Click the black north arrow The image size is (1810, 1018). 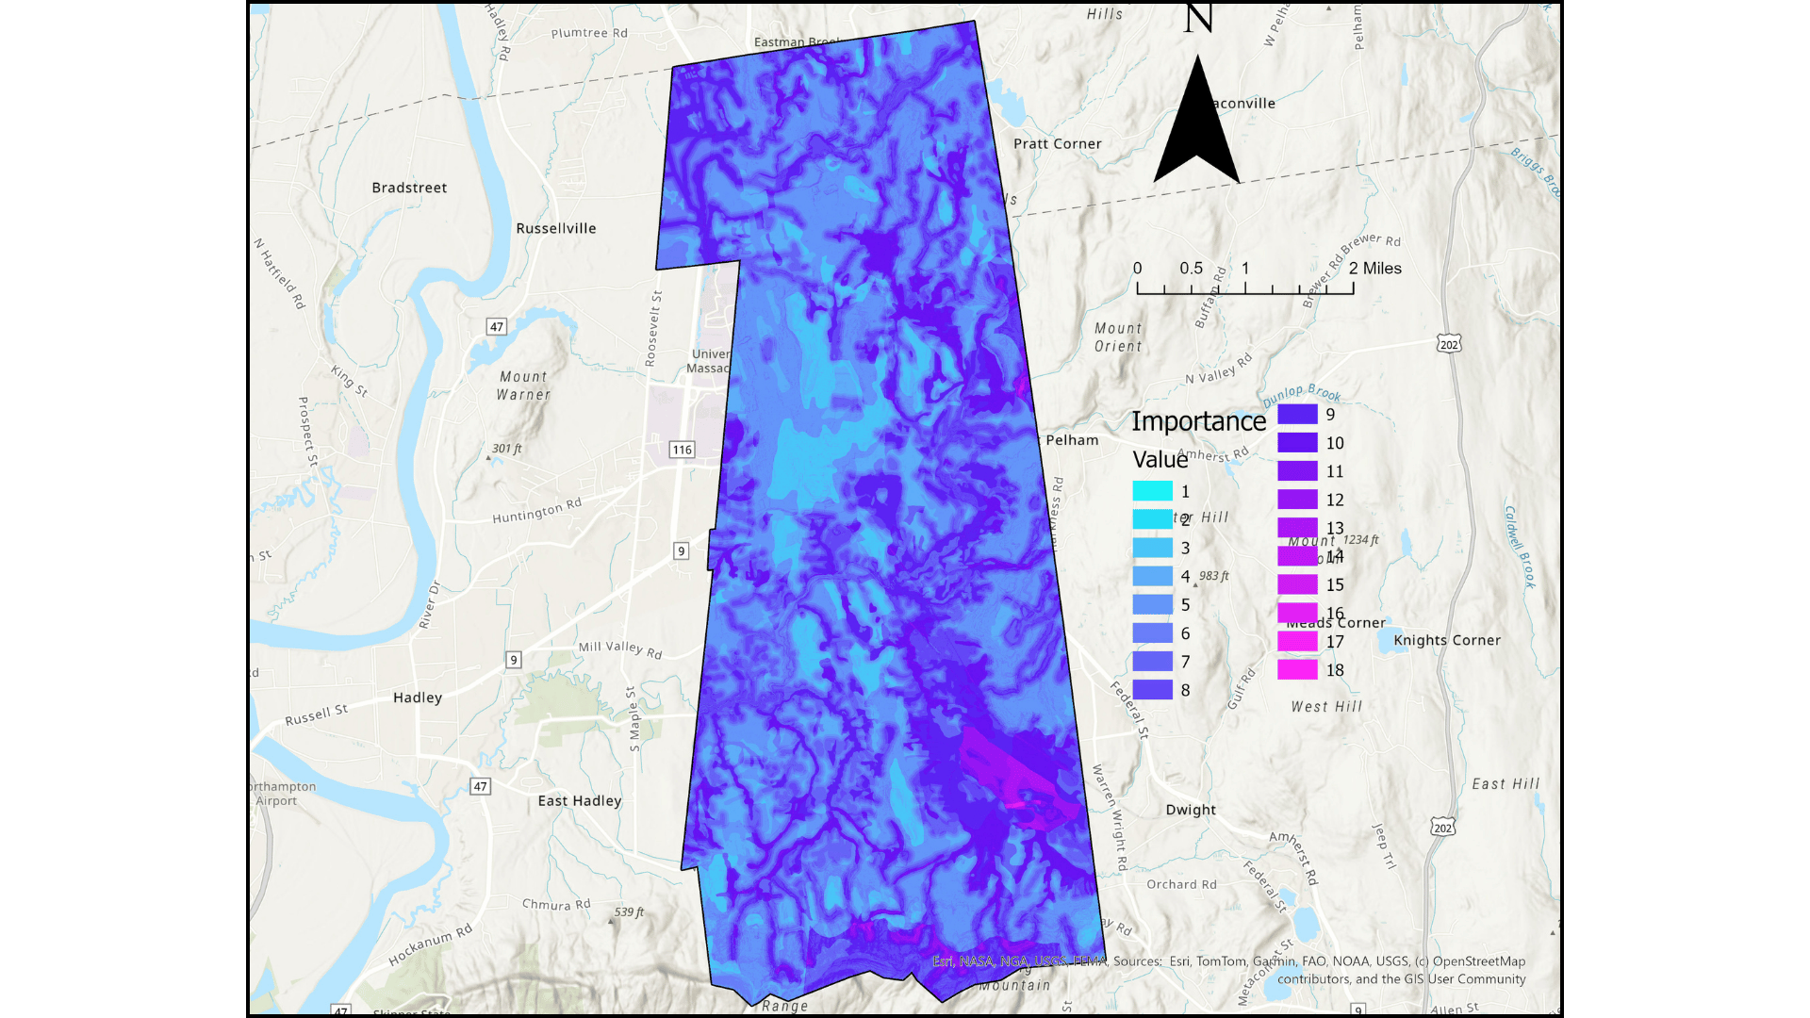pos(1197,127)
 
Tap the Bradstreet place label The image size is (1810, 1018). pos(409,188)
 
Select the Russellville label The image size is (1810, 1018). pos(556,228)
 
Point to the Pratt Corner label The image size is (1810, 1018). pos(1057,144)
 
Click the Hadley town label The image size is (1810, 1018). pos(418,698)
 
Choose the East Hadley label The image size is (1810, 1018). pos(580,801)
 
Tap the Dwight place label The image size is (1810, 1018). pos(1191,810)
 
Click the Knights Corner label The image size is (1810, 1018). pos(1447,640)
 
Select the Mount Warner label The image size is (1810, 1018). pos(523,386)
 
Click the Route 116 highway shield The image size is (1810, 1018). pos(683,450)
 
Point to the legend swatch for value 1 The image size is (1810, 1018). pos(1152,491)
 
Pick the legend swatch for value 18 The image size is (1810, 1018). pos(1297,670)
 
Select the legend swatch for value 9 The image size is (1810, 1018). pos(1297,414)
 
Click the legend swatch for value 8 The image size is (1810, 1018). pos(1152,690)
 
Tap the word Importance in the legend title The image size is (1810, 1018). pos(1198,421)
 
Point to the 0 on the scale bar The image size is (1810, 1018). pos(1138,269)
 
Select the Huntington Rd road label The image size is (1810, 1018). pos(536,511)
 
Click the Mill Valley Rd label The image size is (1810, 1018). pos(620,649)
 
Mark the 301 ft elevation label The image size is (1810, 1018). pos(506,449)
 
